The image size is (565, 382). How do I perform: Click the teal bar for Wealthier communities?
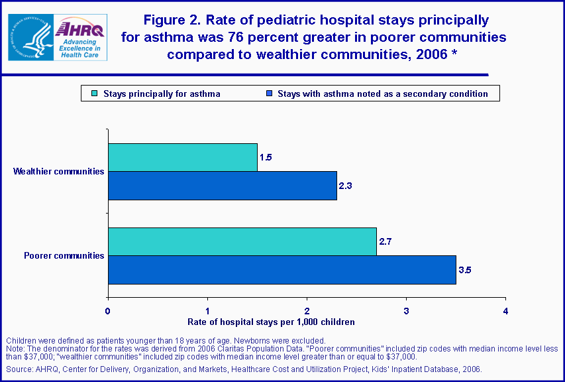tap(183, 157)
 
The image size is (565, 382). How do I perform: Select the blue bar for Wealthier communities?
tap(223, 186)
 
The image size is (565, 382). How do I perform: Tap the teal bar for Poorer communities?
tap(242, 241)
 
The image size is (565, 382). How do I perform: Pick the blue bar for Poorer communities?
tap(282, 270)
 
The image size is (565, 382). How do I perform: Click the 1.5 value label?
tap(266, 157)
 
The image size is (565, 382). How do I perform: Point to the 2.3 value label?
tap(345, 186)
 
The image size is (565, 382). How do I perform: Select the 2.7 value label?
tap(385, 241)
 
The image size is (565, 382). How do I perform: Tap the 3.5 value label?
tap(464, 270)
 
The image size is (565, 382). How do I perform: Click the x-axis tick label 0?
tap(108, 310)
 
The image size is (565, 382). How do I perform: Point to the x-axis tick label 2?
tap(307, 310)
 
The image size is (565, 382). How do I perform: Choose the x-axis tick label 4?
tap(506, 310)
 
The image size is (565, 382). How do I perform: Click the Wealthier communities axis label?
tap(59, 172)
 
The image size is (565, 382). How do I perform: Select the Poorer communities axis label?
tap(64, 255)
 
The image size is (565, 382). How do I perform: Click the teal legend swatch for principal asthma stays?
tap(95, 94)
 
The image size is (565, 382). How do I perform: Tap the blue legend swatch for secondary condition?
tap(270, 94)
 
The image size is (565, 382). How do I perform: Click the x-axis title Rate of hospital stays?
tap(272, 322)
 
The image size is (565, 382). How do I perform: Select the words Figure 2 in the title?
tap(170, 21)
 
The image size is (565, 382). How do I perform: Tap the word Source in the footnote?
tap(17, 369)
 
